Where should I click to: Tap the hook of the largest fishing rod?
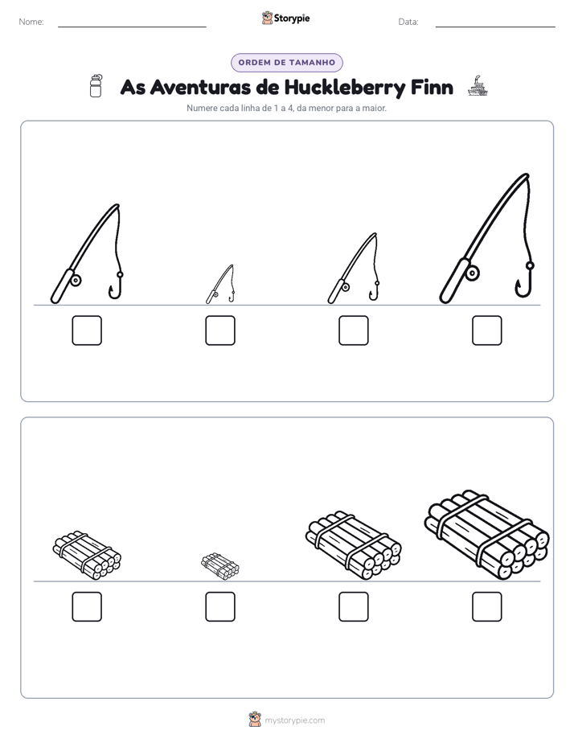[525, 282]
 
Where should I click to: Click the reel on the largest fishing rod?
[472, 273]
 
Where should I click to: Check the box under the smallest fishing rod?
[220, 330]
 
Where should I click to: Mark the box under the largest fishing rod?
[487, 330]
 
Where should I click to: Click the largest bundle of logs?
[487, 535]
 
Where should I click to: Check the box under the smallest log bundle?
[220, 606]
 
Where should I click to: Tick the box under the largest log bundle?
[487, 606]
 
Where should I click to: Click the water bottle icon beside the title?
[96, 86]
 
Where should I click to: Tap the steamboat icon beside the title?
[478, 86]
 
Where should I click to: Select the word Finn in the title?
[432, 87]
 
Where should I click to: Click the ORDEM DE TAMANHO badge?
[287, 63]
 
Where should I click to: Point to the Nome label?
[31, 22]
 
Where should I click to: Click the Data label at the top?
[408, 22]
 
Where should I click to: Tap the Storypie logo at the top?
[285, 18]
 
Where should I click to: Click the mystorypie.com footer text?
[294, 720]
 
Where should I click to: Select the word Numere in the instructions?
[203, 108]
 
